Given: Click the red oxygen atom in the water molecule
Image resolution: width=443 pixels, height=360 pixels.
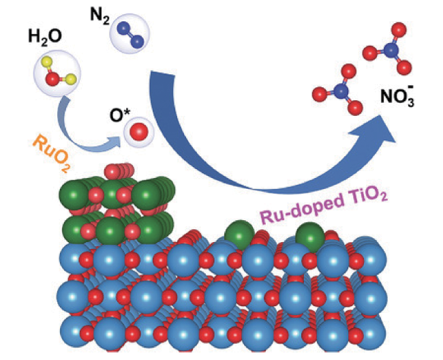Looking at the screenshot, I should [x=52, y=80].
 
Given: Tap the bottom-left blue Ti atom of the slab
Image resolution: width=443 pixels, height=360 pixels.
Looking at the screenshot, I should [x=72, y=335].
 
